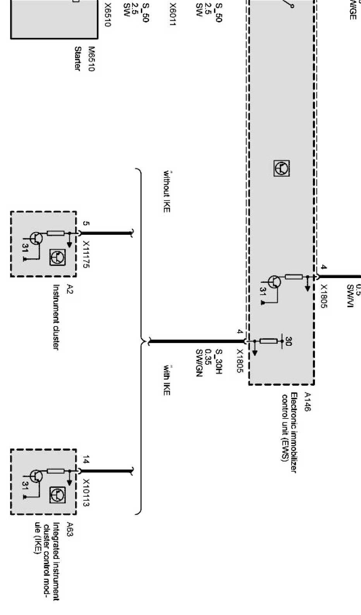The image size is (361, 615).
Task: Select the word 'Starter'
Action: tap(78, 58)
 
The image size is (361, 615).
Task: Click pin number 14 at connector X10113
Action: tap(86, 460)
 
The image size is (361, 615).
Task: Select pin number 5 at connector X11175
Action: tap(86, 224)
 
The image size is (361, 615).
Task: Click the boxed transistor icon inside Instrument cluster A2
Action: tap(57, 258)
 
